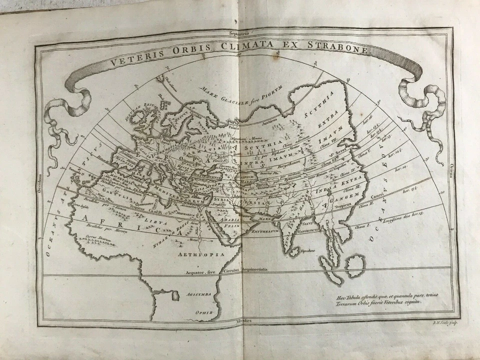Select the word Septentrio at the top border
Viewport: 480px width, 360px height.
click(239, 33)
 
